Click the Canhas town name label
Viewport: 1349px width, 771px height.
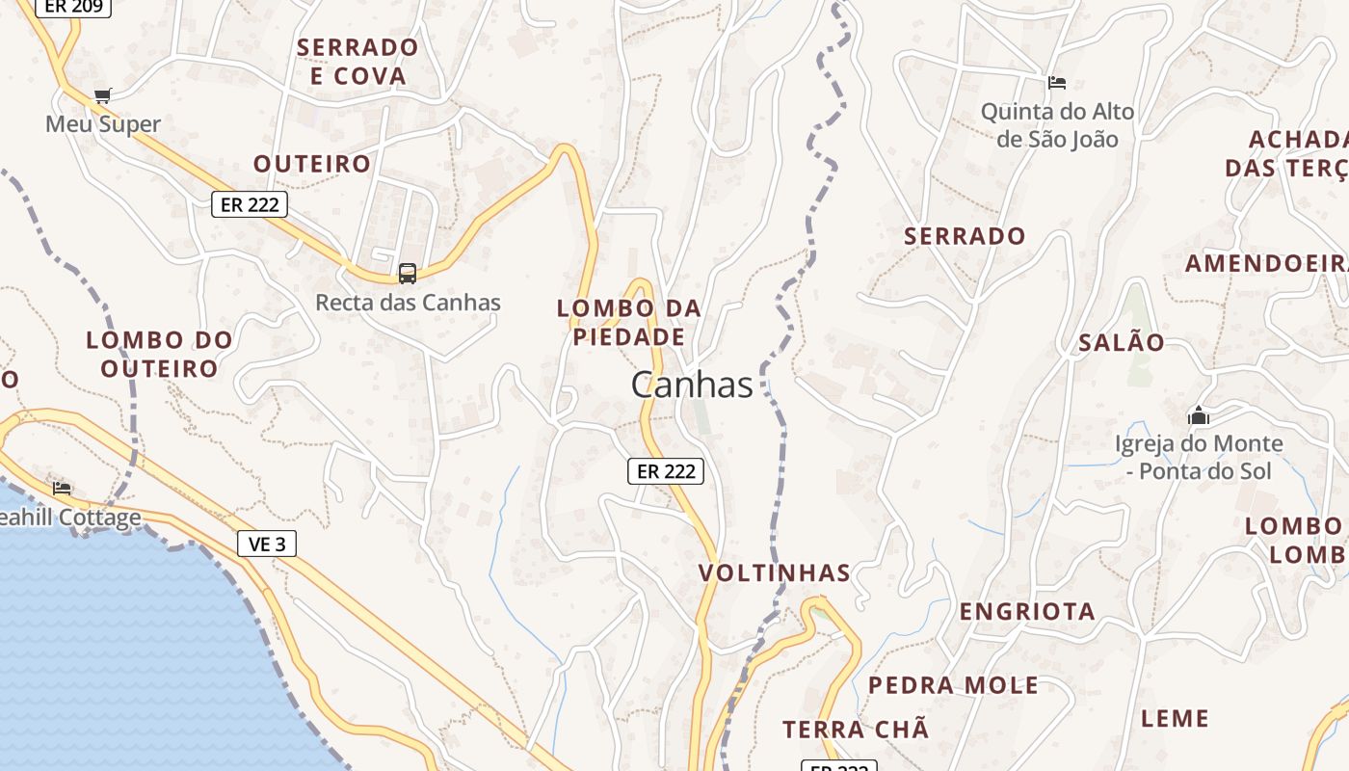[x=692, y=385]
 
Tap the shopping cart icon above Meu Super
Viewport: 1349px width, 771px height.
[x=103, y=95]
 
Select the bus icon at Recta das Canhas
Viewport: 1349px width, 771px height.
[x=408, y=273]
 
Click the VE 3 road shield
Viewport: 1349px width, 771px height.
[x=267, y=544]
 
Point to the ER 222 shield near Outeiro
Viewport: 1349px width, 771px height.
[x=250, y=204]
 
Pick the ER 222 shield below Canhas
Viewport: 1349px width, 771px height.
[x=666, y=471]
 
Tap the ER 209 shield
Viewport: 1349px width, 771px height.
[x=74, y=6]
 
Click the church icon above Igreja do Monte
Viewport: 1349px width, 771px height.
[x=1199, y=415]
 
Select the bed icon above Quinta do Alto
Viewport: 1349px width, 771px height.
[x=1057, y=82]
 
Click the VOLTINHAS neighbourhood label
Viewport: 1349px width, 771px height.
[x=775, y=573]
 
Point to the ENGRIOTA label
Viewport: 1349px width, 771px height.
[x=1027, y=611]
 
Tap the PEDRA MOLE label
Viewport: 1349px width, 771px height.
[x=953, y=685]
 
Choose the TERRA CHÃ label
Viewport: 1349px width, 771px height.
[x=856, y=730]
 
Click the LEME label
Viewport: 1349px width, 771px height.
[x=1175, y=718]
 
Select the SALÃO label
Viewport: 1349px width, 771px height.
[x=1122, y=342]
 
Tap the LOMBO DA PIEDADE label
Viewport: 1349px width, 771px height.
[x=629, y=323]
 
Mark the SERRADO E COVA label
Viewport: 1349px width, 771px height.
[x=357, y=61]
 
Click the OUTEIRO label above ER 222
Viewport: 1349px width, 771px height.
[x=312, y=164]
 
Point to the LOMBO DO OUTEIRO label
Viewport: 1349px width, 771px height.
[x=160, y=354]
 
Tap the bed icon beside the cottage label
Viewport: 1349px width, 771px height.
[x=62, y=488]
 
